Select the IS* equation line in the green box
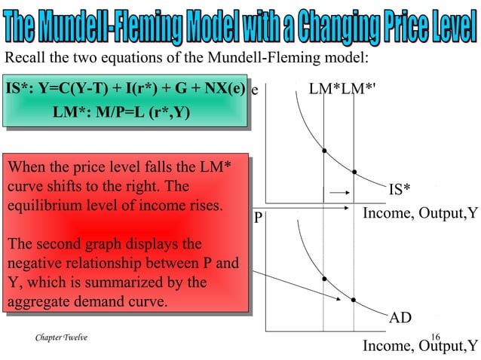coord(125,90)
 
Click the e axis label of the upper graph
coord(255,90)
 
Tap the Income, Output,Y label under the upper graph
coord(420,214)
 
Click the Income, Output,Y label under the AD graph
coord(420,346)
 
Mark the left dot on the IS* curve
coord(323,150)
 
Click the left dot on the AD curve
coord(323,279)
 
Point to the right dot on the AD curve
coord(354,301)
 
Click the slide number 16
coord(435,337)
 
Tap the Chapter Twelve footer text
coord(61,338)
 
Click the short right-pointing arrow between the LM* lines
coord(339,191)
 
